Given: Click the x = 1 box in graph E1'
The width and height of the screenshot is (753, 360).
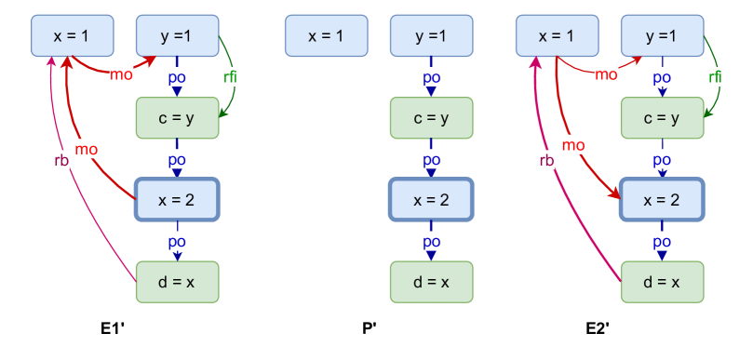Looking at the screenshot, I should [x=73, y=35].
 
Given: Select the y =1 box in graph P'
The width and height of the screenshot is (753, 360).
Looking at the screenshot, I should [x=431, y=35].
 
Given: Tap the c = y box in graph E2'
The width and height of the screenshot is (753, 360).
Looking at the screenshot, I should [x=662, y=117].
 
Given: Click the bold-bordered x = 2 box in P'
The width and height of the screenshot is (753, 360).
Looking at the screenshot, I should [x=431, y=199].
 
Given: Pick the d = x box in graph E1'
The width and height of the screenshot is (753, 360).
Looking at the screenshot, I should [x=177, y=282].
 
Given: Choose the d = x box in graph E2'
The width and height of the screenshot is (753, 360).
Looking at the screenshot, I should [x=662, y=282].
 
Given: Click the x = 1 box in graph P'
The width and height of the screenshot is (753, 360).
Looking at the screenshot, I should [x=326, y=35].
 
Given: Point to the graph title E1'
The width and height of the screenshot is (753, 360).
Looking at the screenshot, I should [x=114, y=328].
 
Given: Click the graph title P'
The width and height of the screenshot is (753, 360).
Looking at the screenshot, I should [x=370, y=328].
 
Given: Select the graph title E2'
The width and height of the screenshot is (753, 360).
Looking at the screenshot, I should [x=598, y=328].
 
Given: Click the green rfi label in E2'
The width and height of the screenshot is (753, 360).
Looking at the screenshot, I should [x=715, y=77].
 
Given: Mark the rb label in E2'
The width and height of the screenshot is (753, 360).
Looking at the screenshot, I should [x=547, y=159].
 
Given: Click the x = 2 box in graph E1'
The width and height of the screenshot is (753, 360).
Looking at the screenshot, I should [x=177, y=199].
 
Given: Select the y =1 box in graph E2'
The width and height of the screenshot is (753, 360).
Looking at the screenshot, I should [x=662, y=35].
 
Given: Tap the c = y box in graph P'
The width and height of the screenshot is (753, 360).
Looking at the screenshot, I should [x=431, y=117].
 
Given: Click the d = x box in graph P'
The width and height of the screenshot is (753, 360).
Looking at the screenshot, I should [x=431, y=282].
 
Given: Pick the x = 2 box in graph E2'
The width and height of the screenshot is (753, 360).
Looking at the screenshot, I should [x=662, y=199].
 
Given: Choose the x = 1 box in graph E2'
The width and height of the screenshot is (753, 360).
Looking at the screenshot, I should [x=557, y=35].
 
